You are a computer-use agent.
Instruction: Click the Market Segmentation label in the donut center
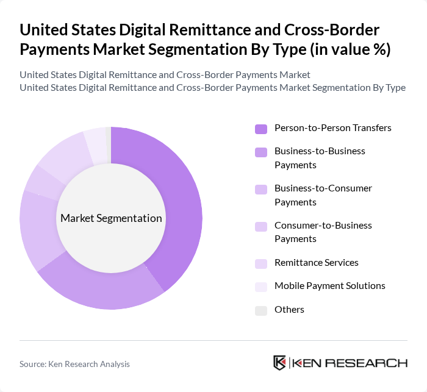pyautogui.click(x=111, y=218)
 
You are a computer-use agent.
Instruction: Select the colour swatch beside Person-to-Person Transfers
pyautogui.click(x=261, y=129)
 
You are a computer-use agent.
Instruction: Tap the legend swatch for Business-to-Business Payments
pyautogui.click(x=261, y=151)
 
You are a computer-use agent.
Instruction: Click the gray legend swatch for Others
pyautogui.click(x=261, y=310)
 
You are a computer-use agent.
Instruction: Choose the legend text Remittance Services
pyautogui.click(x=316, y=263)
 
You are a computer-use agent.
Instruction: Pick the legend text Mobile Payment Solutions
pyautogui.click(x=329, y=286)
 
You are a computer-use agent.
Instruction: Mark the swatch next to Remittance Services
pyautogui.click(x=261, y=263)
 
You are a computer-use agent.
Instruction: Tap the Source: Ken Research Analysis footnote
pyautogui.click(x=74, y=364)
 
